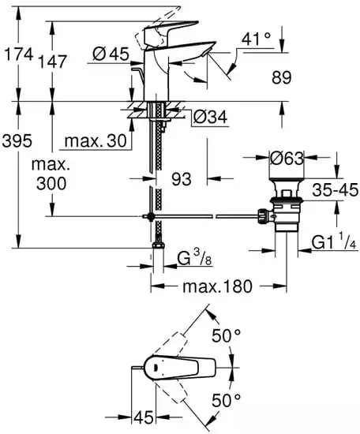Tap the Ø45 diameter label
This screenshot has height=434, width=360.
pyautogui.click(x=110, y=54)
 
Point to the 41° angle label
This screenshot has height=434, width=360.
pyautogui.click(x=256, y=36)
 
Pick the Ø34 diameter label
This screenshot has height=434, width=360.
pyautogui.click(x=210, y=118)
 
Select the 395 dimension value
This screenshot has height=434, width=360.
pyautogui.click(x=17, y=141)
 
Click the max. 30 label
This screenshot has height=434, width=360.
pyautogui.click(x=94, y=141)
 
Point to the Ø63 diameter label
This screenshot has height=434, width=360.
pyautogui.click(x=287, y=159)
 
